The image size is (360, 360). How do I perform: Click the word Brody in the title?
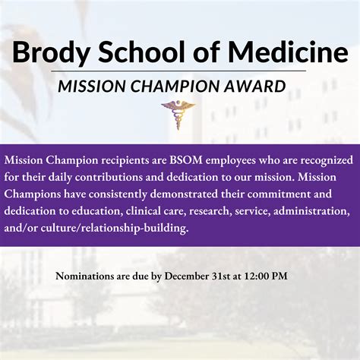click(x=51, y=53)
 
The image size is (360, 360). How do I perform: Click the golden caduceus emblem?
click(x=178, y=115)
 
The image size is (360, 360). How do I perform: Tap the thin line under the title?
click(x=178, y=71)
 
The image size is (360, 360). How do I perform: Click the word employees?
click(x=230, y=161)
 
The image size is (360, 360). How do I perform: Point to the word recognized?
click(x=327, y=161)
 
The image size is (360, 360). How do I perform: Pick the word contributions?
click(x=109, y=177)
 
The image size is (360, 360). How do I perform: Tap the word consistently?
click(x=118, y=194)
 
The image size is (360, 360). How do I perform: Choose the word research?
click(x=210, y=211)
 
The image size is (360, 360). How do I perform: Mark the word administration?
click(x=311, y=211)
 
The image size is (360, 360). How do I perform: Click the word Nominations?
click(x=85, y=276)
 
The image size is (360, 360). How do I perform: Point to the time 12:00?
click(x=255, y=276)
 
